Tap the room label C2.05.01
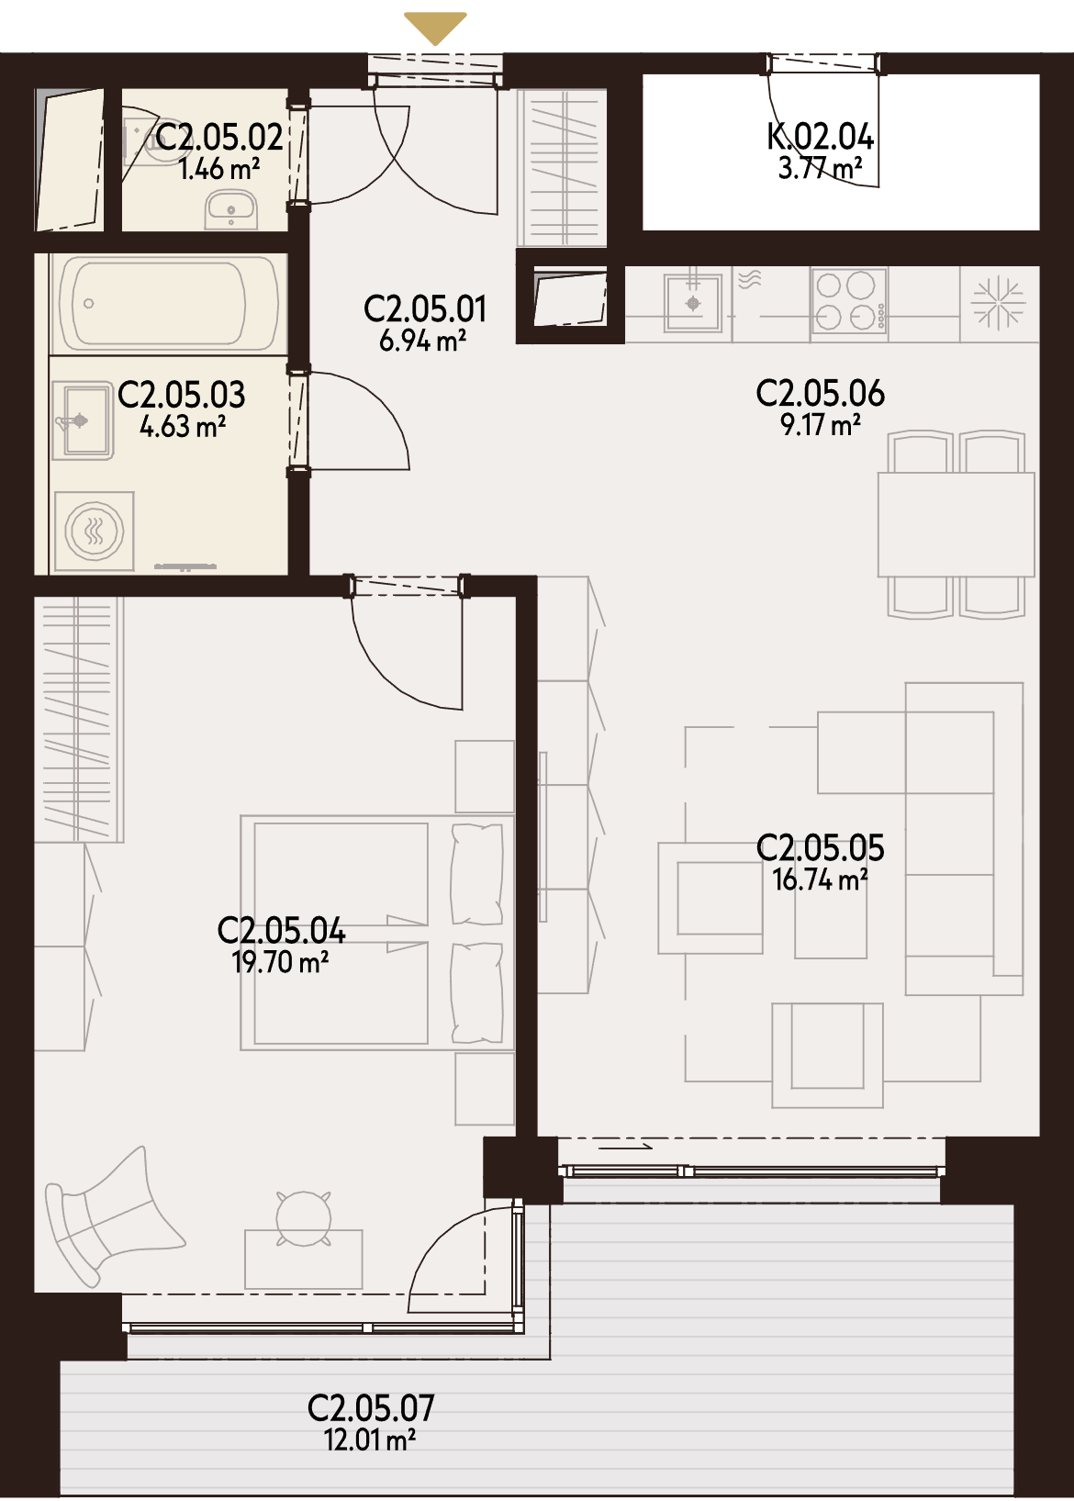coord(425,309)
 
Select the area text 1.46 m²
coord(219,170)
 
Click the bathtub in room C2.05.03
coord(169,304)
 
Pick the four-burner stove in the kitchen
coord(849,301)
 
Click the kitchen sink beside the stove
coord(693,303)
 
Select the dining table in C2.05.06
coord(957,524)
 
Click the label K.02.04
coord(820,138)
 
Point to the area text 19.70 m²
coord(280,963)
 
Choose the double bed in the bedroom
coord(377,932)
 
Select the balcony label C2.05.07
coord(371,1408)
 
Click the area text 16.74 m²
coord(820,879)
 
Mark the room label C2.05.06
coord(820,393)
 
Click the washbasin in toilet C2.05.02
coord(231,208)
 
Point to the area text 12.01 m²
coord(371,1439)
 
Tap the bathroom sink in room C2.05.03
coord(82,420)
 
